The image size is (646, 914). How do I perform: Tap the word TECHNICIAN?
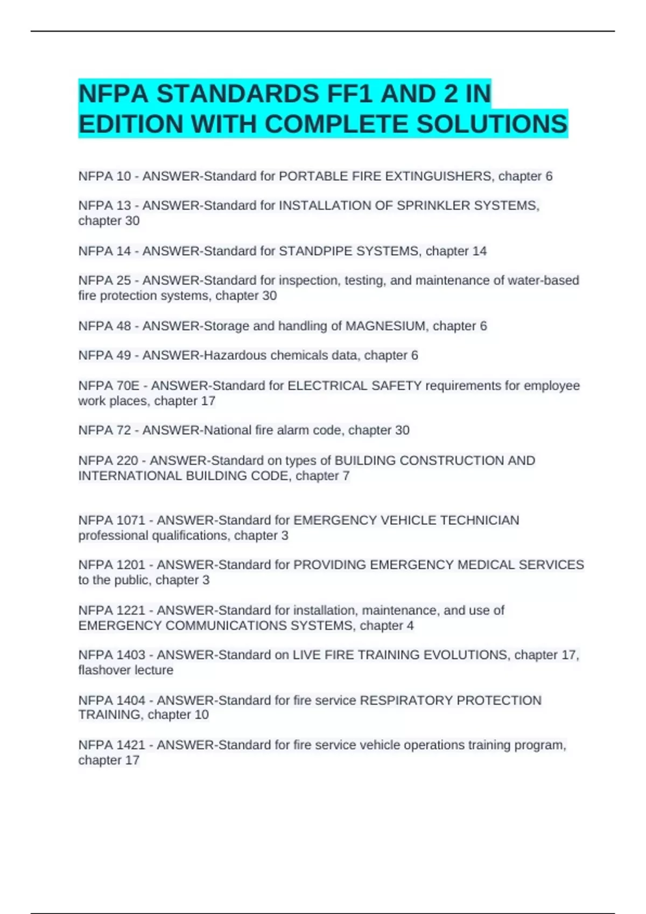[x=480, y=520]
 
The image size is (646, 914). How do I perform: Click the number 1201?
[x=131, y=565]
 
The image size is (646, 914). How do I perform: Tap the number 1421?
[x=131, y=745]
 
